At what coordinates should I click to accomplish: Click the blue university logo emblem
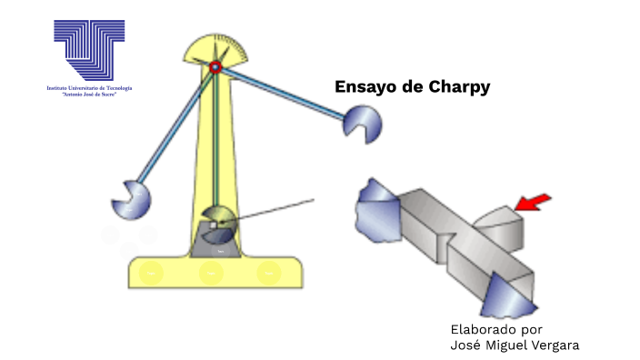pos(89,49)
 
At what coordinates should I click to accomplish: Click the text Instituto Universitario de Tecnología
pos(89,88)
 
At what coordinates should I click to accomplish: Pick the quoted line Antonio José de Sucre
pos(89,95)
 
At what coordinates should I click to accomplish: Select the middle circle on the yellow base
pos(211,271)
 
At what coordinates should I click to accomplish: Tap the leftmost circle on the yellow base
pos(153,271)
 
